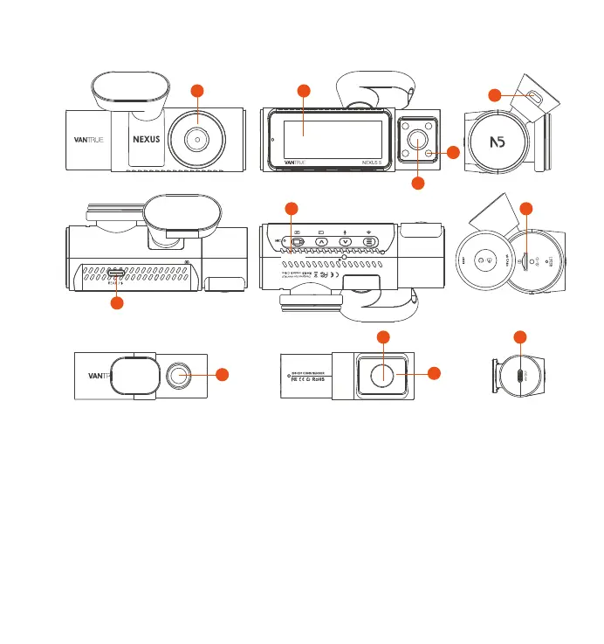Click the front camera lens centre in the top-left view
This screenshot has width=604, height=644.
198,138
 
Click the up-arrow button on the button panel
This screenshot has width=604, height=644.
321,242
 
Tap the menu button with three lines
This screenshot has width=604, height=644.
370,242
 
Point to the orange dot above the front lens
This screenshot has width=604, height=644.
198,91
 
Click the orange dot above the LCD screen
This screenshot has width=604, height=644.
304,91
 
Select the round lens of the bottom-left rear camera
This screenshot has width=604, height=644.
180,375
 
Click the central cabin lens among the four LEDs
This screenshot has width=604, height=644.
417,138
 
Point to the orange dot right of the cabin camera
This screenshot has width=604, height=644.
452,152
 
